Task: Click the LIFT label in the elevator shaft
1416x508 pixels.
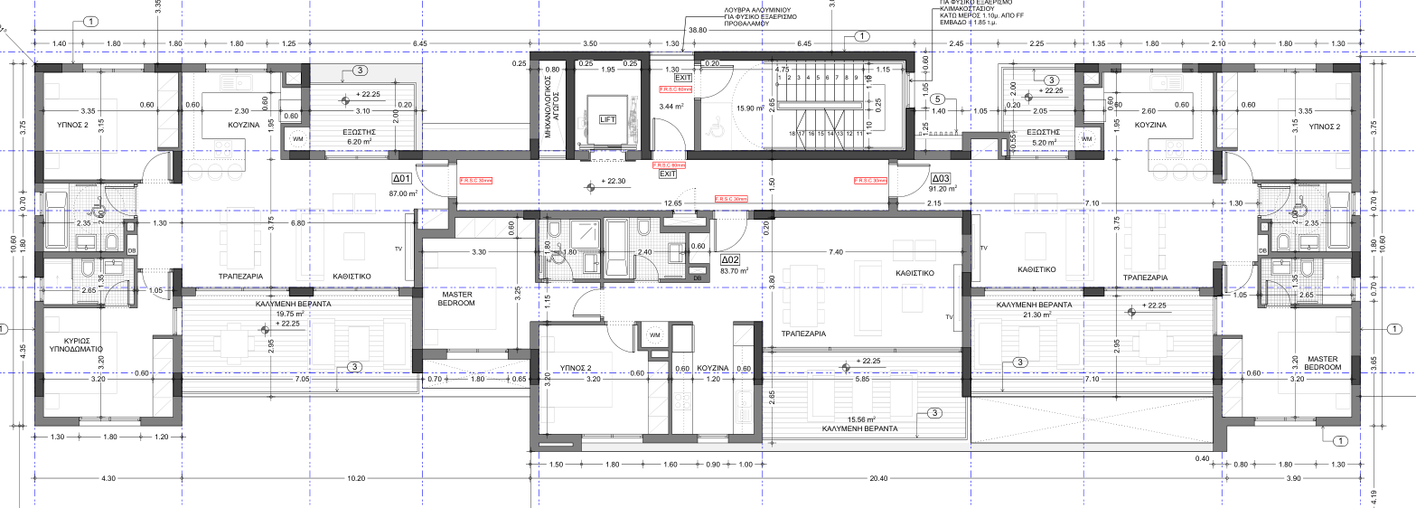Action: pyautogui.click(x=607, y=119)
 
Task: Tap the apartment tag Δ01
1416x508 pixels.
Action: pyautogui.click(x=402, y=179)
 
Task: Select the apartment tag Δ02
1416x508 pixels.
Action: pyautogui.click(x=731, y=259)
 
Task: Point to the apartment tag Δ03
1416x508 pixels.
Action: pyautogui.click(x=941, y=178)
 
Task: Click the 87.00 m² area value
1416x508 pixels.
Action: pyautogui.click(x=402, y=193)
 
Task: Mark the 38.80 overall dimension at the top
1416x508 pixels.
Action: pyautogui.click(x=697, y=30)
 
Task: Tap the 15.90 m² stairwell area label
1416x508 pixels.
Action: pyautogui.click(x=750, y=108)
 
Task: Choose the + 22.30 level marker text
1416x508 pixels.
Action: pyautogui.click(x=615, y=181)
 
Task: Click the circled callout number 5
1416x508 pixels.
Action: pyautogui.click(x=938, y=99)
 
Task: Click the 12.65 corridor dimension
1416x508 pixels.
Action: pyautogui.click(x=672, y=203)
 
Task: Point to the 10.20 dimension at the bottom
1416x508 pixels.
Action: pyautogui.click(x=356, y=478)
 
